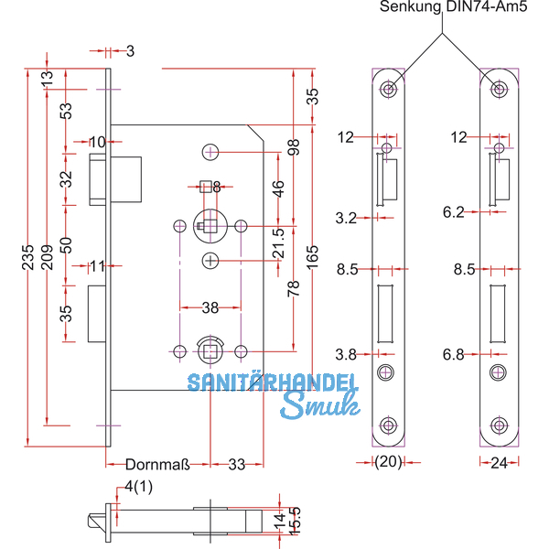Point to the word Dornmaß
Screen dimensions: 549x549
tap(156, 464)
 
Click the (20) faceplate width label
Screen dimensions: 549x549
tap(389, 464)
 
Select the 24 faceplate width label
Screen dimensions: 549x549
tap(498, 464)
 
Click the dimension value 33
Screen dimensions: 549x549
tap(237, 464)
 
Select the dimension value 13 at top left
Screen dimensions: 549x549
tap(48, 81)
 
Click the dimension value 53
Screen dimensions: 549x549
tap(65, 111)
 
